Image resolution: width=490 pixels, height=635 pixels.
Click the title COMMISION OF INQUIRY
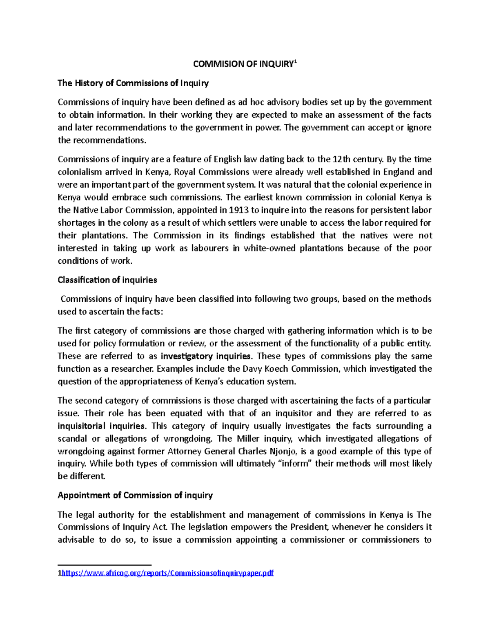coord(243,64)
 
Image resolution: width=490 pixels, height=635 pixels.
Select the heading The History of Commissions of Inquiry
coord(133,83)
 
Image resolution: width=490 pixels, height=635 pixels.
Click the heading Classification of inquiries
coord(107,280)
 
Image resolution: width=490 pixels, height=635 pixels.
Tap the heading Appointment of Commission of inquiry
coord(135,496)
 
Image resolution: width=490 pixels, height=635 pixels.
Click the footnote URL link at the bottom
coord(167,573)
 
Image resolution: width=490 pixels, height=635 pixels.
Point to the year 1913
coord(238,210)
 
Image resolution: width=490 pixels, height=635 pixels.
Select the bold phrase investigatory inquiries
coord(205,356)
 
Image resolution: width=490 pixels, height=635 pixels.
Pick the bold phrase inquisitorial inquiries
coord(101,426)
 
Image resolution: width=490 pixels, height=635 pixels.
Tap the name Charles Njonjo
coord(268,451)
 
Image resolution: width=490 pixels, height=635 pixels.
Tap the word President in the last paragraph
coord(309,527)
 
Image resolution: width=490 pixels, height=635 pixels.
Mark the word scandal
coord(72,439)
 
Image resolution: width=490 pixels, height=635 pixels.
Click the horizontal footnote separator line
coord(105,565)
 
